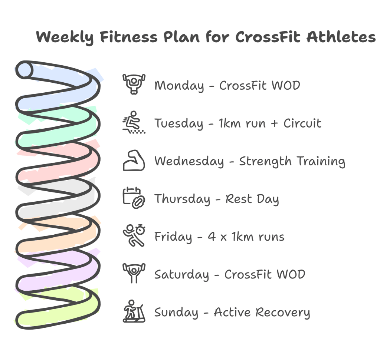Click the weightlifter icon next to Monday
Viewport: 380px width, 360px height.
click(x=134, y=84)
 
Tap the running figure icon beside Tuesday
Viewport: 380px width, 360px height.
click(x=134, y=122)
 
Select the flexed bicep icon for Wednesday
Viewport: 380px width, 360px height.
click(x=134, y=160)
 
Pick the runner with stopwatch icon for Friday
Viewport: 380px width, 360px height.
click(x=134, y=236)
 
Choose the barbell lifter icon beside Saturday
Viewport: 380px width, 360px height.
click(x=134, y=274)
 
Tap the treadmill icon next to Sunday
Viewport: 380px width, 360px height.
click(x=134, y=311)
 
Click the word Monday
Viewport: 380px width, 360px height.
click(x=179, y=86)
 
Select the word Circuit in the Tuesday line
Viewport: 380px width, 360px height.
click(x=302, y=123)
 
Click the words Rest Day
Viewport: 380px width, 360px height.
click(x=252, y=199)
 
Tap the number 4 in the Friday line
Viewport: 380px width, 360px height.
click(x=212, y=237)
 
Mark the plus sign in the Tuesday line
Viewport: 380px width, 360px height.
click(x=274, y=123)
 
